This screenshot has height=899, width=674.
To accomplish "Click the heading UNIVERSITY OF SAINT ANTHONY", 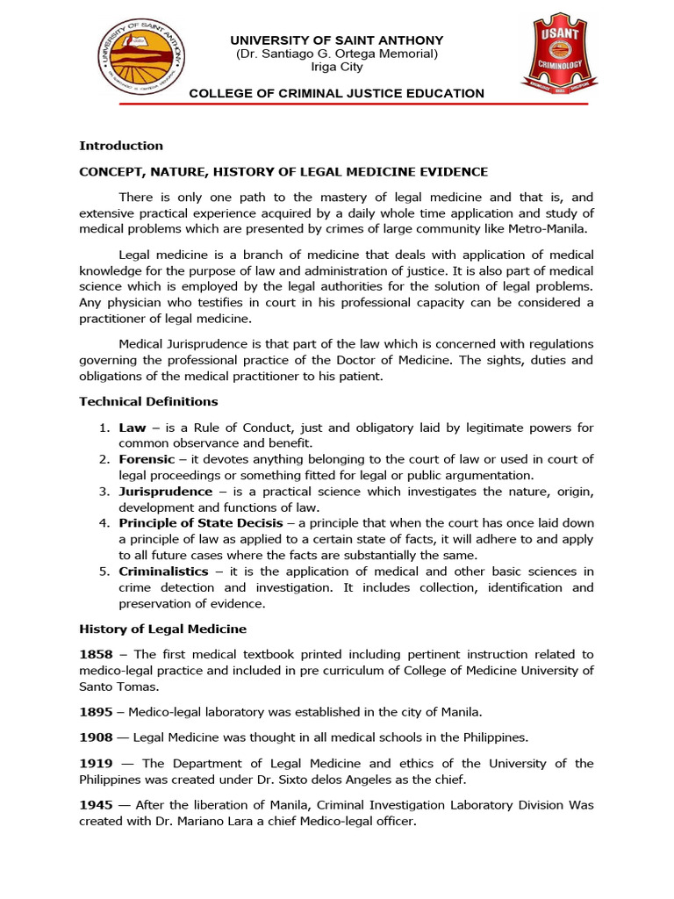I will [337, 40].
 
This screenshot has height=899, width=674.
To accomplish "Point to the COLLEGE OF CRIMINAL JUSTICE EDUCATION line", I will [337, 93].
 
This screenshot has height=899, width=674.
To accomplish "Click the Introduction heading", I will [121, 146].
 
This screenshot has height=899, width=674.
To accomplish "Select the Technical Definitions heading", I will [148, 401].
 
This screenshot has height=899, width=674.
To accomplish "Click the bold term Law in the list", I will [133, 428].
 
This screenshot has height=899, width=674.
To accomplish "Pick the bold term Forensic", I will [147, 459].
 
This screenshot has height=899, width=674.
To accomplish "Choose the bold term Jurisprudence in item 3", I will [166, 492].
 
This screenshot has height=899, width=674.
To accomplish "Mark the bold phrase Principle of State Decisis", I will [201, 523].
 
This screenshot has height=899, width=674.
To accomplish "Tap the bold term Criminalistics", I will [164, 572].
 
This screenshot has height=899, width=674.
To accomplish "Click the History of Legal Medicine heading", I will [163, 629].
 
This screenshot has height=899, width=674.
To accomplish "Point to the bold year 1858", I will [95, 654].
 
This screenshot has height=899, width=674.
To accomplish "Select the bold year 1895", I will [95, 711].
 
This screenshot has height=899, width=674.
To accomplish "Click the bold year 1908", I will [95, 737].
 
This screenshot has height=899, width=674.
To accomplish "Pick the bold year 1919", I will [95, 763].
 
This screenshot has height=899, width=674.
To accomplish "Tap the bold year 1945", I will [95, 804].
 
